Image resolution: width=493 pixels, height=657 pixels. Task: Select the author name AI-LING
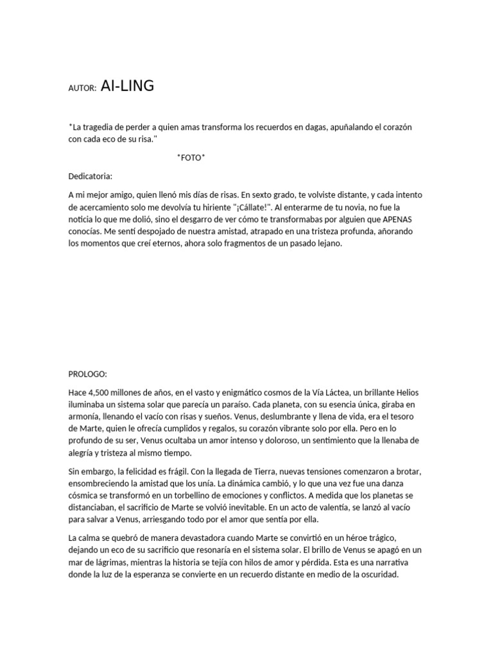pos(128,87)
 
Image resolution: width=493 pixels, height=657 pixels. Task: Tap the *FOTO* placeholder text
pos(191,158)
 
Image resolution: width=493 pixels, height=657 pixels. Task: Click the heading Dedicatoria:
pos(90,176)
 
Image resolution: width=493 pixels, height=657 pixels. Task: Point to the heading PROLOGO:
pos(88,373)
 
